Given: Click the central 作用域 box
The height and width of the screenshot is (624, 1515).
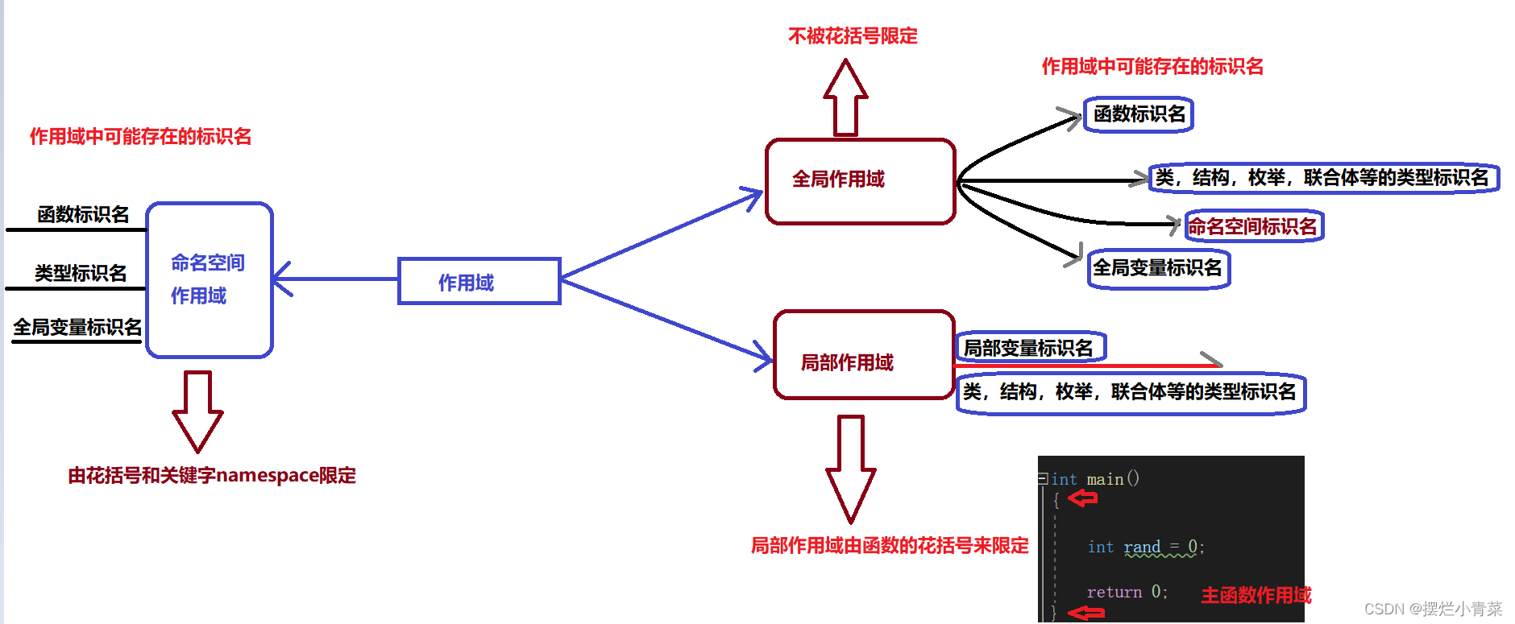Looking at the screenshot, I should pos(479,282).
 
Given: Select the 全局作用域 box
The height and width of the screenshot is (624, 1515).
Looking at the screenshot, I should pos(860,180).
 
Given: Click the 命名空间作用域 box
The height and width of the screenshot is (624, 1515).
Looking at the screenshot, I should pos(210,279).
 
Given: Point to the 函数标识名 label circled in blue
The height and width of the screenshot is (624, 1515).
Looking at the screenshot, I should pos(1139,114).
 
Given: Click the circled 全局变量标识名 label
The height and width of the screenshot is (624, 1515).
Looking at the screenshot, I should pos(1157,268).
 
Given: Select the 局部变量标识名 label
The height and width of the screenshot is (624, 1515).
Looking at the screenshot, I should pos(1028,348).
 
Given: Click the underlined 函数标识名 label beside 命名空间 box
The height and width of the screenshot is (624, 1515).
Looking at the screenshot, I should pos(83,215).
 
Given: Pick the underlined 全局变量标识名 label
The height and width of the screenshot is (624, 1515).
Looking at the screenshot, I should pos(77,328).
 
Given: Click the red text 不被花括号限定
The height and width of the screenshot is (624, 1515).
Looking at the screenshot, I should pos(853,36).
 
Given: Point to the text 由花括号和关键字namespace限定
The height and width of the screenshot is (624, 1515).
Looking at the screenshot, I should pos(212,476).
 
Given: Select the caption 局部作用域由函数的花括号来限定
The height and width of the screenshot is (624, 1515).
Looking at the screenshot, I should pos(890,546).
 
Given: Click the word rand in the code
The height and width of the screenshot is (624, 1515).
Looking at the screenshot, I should pos(1142,548).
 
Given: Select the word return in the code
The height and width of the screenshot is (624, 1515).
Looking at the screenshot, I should pos(1114,593).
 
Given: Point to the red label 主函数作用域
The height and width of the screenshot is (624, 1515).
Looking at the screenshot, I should pos(1256,596).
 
